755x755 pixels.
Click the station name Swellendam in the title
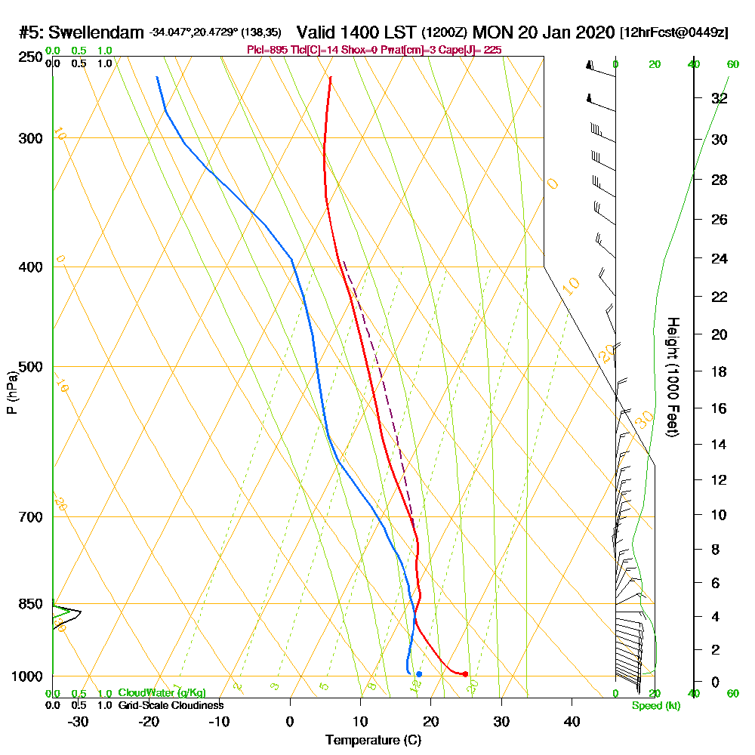[96, 33]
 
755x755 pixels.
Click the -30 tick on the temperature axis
[79, 721]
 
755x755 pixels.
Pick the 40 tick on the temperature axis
[572, 721]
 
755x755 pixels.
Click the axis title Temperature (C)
[373, 740]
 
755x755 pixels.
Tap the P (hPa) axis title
[11, 392]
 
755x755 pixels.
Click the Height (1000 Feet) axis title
[672, 377]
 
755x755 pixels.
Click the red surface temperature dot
[465, 673]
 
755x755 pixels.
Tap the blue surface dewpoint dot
[419, 673]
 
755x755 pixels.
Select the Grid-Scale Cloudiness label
[171, 705]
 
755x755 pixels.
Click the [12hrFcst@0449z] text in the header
[673, 33]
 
